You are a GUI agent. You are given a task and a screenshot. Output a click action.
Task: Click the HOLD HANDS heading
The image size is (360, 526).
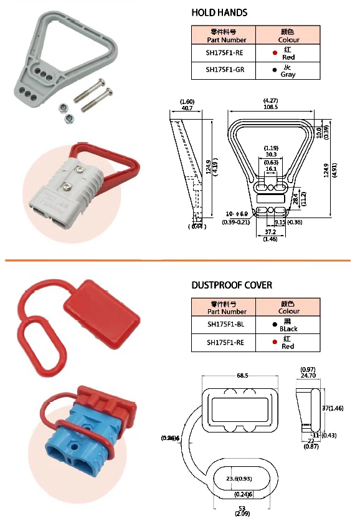(219, 12)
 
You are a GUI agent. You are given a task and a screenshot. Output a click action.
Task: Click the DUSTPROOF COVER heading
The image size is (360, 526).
(231, 285)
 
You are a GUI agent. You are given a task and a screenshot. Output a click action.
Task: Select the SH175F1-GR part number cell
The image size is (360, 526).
(225, 70)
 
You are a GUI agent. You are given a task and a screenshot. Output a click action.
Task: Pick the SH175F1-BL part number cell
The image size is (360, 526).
(225, 324)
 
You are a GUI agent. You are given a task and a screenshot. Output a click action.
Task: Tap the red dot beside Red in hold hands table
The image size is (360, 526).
(274, 53)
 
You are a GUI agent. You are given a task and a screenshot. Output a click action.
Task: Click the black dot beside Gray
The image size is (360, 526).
(274, 70)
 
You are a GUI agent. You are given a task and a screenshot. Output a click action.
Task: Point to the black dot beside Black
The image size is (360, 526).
(274, 325)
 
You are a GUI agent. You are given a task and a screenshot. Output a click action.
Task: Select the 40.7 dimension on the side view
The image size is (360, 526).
(186, 107)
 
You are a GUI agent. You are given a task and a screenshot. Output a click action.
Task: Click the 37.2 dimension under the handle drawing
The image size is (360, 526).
(270, 232)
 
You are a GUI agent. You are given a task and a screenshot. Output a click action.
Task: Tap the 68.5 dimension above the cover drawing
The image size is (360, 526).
(242, 376)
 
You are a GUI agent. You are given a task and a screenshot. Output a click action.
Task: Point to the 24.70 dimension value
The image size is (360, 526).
(309, 376)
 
